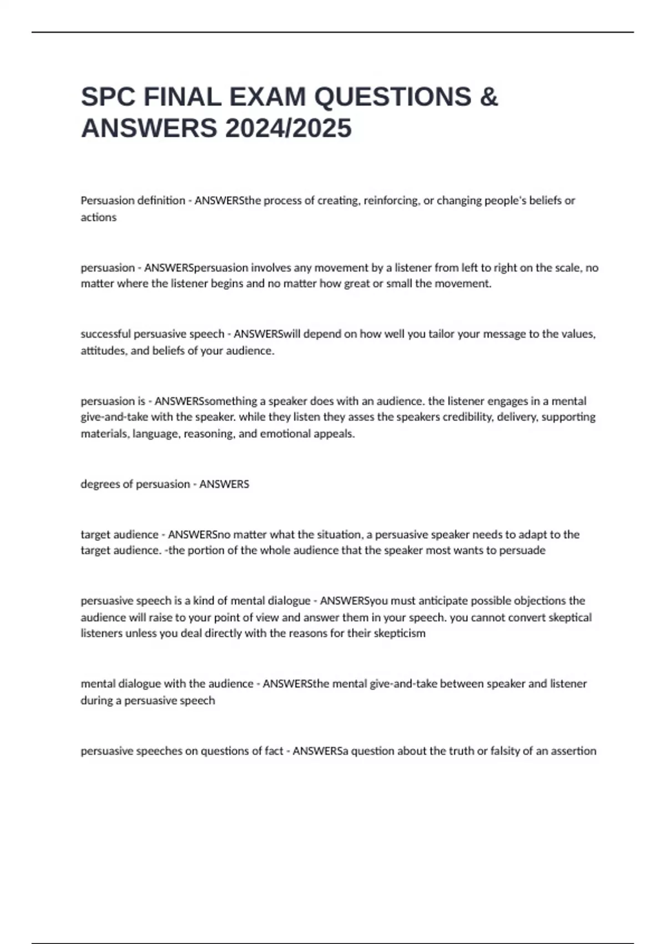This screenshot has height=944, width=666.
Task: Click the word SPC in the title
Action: point(108,97)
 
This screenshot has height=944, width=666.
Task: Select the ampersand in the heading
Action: point(488,97)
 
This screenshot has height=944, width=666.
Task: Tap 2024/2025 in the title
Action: point(288,128)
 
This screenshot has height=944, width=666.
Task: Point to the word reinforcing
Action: point(391,200)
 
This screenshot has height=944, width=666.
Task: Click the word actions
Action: point(98,217)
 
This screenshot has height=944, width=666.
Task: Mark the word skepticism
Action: point(398,634)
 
